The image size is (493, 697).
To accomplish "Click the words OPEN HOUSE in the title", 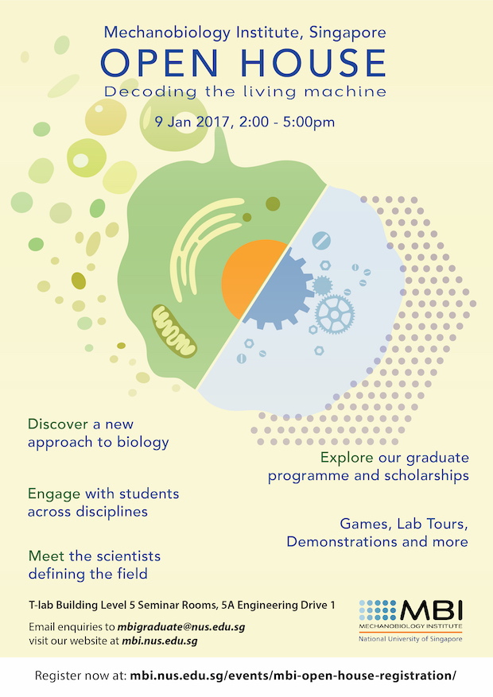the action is (x=243, y=62).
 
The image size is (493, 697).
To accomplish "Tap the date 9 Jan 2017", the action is (x=192, y=122).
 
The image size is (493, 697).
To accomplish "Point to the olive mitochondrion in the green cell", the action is (x=174, y=331).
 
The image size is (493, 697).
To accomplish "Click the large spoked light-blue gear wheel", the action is (x=335, y=314).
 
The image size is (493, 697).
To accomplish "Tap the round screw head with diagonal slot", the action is (x=321, y=241).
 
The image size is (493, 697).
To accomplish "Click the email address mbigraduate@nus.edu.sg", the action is (x=181, y=627).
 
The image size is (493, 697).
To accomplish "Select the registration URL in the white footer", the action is (x=293, y=676).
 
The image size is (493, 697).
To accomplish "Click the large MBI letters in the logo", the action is (x=431, y=610).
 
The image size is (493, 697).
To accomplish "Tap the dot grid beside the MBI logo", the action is (x=378, y=610).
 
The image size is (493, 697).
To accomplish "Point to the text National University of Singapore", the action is (x=410, y=639).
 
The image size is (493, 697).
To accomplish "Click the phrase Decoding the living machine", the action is (x=245, y=91).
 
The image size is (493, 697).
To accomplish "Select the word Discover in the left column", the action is (x=57, y=424).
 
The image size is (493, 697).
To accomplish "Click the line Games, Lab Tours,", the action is (x=404, y=524).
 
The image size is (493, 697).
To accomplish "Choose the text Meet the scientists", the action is (x=95, y=556).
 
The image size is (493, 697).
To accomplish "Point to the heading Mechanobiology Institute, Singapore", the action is (x=245, y=33).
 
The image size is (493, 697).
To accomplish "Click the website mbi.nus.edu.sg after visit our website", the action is (x=160, y=641).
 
